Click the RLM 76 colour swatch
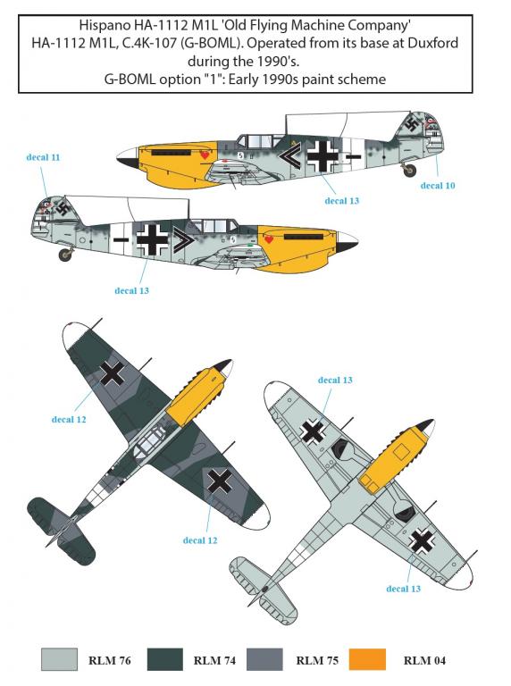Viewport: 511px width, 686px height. [x=59, y=660]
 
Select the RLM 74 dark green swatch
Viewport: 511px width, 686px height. [x=164, y=660]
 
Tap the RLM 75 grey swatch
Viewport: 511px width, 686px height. [x=264, y=660]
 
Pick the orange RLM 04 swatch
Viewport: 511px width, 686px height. [x=367, y=660]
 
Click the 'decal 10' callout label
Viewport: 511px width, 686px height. [x=438, y=186]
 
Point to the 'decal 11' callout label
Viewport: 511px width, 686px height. [x=43, y=157]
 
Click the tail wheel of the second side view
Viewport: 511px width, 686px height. [x=66, y=255]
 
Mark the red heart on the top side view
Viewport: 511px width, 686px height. [x=205, y=155]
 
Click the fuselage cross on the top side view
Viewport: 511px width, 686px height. [x=323, y=155]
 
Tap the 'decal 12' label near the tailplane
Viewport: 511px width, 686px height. [x=200, y=540]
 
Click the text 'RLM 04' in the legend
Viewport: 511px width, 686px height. [x=424, y=660]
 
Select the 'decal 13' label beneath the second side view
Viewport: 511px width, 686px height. [x=131, y=290]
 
